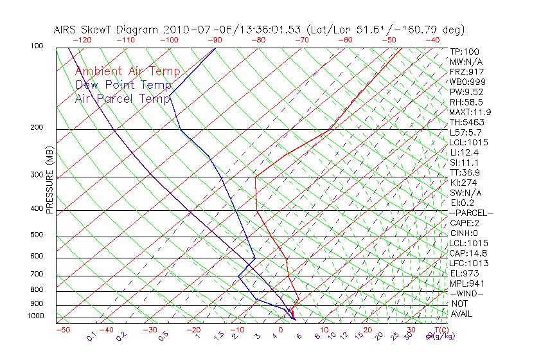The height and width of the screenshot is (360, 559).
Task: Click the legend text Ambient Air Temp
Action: [127, 71]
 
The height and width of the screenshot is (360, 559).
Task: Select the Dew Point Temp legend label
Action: [123, 85]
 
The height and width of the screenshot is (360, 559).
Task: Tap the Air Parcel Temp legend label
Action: [123, 98]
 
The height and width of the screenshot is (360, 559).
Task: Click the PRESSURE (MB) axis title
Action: [49, 183]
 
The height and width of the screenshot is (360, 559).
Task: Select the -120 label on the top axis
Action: [82, 40]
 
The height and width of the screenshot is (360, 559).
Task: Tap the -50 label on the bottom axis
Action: [62, 330]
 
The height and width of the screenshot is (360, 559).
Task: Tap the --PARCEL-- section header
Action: [471, 213]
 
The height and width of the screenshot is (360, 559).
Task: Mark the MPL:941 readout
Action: [466, 283]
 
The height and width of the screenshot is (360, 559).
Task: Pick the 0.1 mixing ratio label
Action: [91, 336]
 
